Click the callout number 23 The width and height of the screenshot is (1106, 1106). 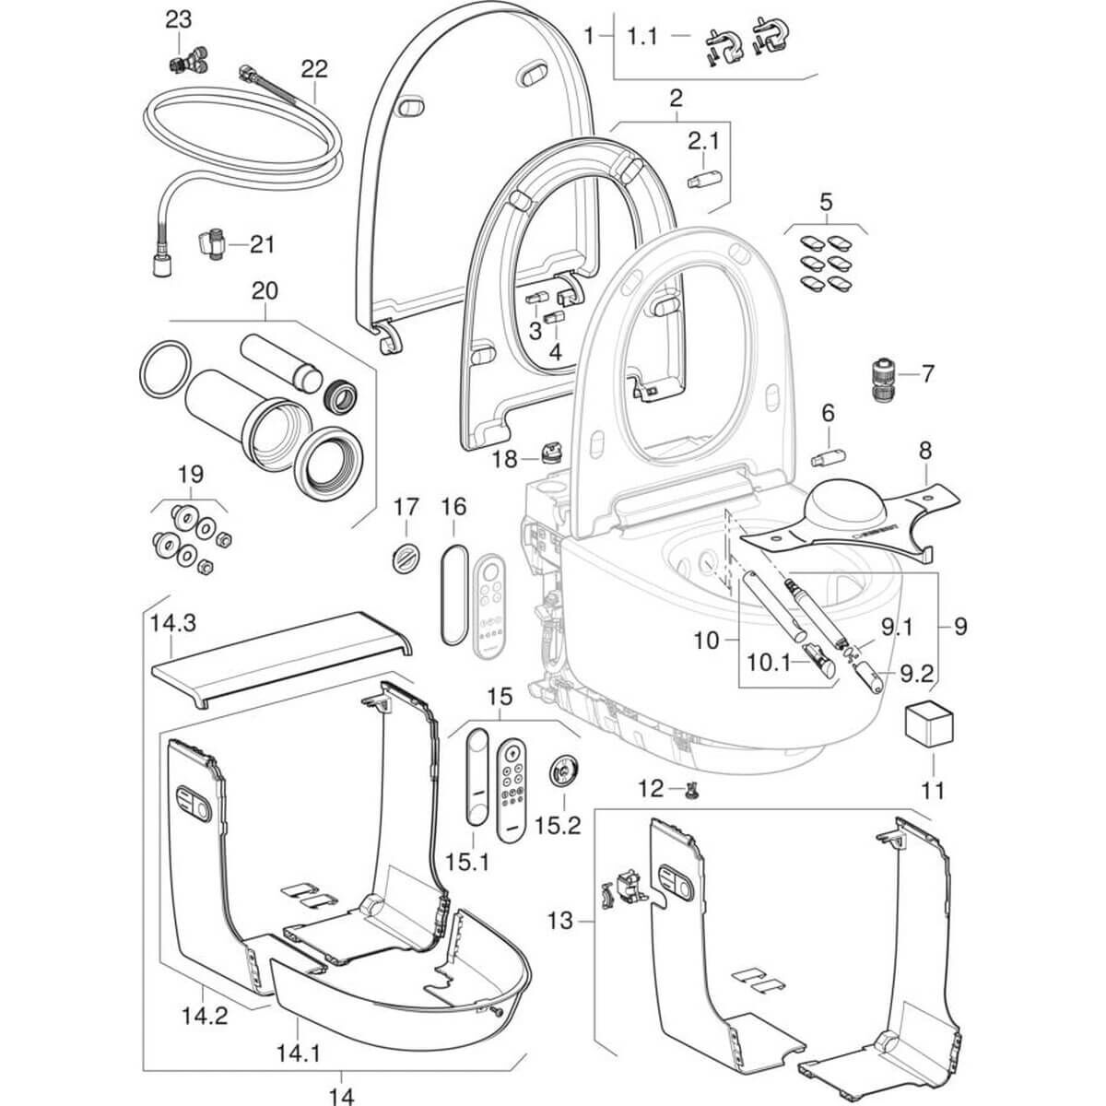[178, 20]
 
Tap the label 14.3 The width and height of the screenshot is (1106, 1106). [173, 623]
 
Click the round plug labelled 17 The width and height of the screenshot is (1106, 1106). [406, 557]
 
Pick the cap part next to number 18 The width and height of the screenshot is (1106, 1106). [550, 453]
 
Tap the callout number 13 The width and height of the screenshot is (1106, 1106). [560, 937]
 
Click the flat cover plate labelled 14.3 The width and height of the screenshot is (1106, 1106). [281, 659]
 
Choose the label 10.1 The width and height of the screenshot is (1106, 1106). [769, 663]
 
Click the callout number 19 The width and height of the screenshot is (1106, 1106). [191, 475]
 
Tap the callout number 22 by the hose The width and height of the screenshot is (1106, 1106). [314, 69]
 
